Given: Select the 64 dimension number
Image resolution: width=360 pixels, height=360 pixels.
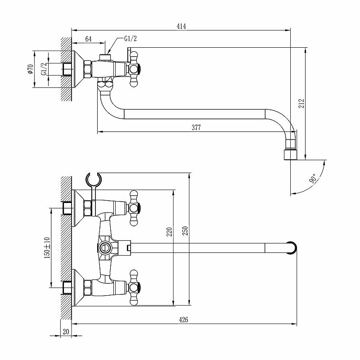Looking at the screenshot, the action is (x=88, y=40).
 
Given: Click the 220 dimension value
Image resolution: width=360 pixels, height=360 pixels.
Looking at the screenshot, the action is (x=169, y=232).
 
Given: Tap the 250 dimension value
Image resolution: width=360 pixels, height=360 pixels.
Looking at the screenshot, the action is (x=185, y=232).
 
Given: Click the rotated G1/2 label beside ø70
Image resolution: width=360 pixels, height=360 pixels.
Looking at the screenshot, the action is (x=44, y=69).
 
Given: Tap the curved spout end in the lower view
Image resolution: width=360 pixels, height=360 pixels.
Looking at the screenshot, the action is (x=291, y=247).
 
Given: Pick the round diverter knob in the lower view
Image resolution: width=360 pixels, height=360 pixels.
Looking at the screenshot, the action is (x=105, y=247).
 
